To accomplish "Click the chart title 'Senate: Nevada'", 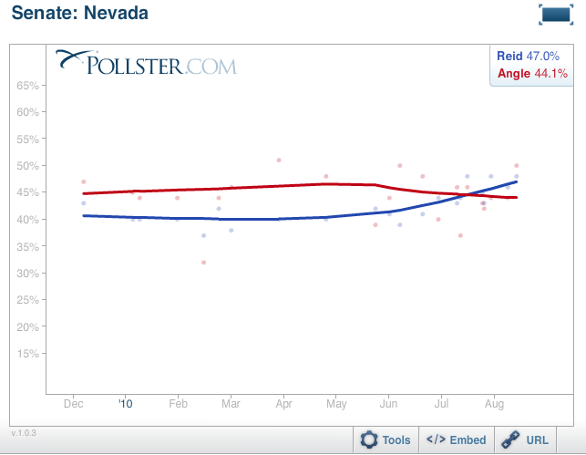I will click(80, 14).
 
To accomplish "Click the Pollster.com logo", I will click(146, 63).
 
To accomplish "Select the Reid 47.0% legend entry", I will click(528, 56).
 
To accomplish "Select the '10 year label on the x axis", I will click(126, 402).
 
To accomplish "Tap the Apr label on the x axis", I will click(283, 402).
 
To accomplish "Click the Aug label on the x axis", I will click(495, 402).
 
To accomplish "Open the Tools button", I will click(386, 440).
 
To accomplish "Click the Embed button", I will click(457, 440).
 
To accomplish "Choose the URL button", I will click(528, 440).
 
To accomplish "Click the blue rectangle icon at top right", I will click(555, 14).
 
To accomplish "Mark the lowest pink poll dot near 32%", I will click(203, 263).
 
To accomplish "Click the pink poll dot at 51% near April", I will click(279, 160).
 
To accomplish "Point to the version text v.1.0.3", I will click(25, 432).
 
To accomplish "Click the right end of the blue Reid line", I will click(516, 182).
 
